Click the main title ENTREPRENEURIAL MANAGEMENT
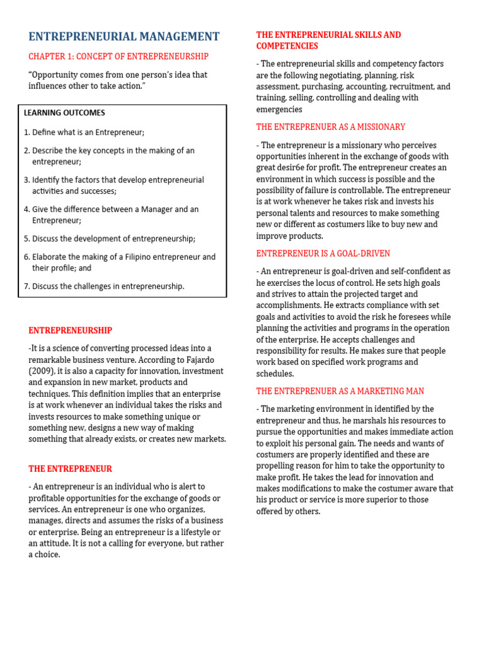[124, 37]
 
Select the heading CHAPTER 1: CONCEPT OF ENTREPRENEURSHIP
[118, 57]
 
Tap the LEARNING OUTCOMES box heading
[64, 113]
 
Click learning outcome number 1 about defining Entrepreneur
[84, 132]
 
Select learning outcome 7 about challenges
[104, 286]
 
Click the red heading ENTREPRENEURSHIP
[70, 331]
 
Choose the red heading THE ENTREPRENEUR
[70, 469]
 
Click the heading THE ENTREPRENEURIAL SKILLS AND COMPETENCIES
[328, 40]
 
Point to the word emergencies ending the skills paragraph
[279, 110]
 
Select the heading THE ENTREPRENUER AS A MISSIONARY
[330, 127]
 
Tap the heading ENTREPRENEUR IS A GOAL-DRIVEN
[323, 254]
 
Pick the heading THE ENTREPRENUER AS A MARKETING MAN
[340, 391]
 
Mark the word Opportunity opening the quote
[55, 75]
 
